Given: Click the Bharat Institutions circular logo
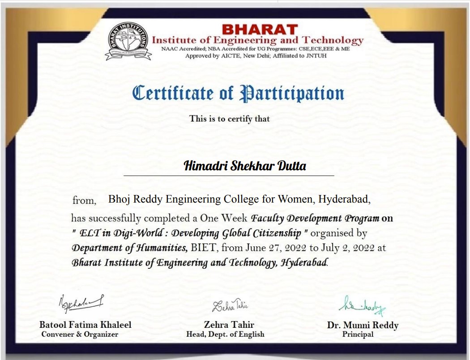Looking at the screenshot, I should coord(128,41).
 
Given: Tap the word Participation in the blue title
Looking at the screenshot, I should coord(292,93).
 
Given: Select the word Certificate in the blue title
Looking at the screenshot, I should coord(173,93).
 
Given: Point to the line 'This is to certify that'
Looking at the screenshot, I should coord(229,119).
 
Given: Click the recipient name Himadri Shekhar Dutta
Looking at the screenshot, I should coord(245,166).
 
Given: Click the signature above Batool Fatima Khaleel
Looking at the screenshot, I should coord(81,304).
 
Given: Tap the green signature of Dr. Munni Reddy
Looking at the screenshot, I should coord(362,306).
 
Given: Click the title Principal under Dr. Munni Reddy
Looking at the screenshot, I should coord(358,334).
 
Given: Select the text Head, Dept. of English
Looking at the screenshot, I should coord(225,334).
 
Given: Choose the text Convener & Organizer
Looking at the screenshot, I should coord(80,334).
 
